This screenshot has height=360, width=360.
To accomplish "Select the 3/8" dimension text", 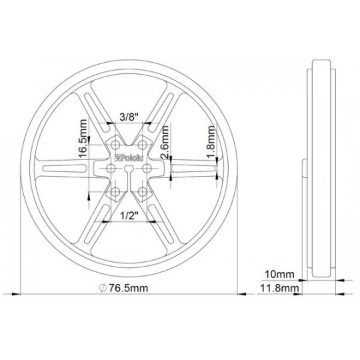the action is [129, 117].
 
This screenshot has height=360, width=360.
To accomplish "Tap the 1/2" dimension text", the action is [129, 215].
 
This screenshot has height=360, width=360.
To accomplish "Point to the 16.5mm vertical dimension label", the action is [83, 139].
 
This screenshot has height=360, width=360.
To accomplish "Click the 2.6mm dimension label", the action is [165, 143].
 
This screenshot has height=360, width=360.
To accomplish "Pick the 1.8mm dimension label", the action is [211, 142].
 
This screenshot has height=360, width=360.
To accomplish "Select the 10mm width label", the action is [279, 275].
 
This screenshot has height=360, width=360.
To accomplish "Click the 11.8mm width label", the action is [279, 288].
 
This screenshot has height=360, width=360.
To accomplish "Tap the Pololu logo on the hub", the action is [129, 158].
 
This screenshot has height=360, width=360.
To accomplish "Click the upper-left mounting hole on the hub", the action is [115, 145].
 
